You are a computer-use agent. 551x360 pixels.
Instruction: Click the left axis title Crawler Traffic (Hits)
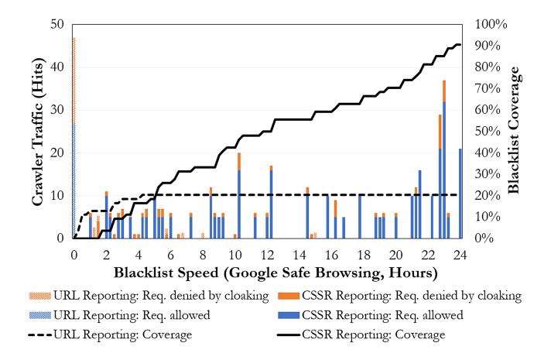click(x=36, y=132)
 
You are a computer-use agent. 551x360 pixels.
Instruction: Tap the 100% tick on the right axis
click(x=490, y=25)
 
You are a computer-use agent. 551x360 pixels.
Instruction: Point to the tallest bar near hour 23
click(x=444, y=159)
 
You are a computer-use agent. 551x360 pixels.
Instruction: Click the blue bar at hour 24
click(x=460, y=194)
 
